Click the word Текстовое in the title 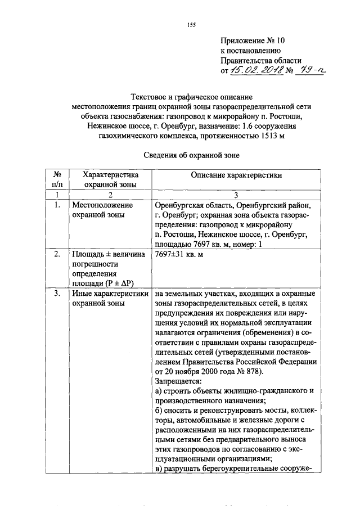click(148, 96)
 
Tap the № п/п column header click(57, 179)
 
